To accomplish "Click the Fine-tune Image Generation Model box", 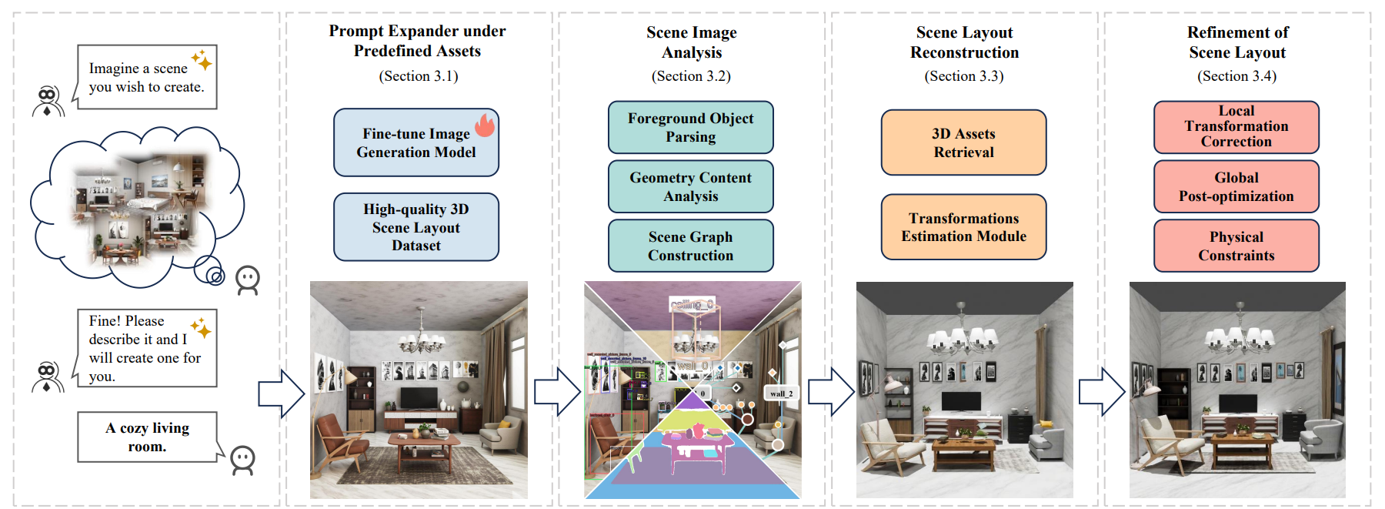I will click(415, 143).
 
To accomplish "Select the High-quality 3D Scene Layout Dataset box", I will click(415, 227).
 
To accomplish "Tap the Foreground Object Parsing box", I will click(690, 128).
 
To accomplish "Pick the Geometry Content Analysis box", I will click(690, 187).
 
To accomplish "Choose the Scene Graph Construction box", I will click(690, 246).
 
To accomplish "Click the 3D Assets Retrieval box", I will click(963, 143).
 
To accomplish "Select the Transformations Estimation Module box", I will click(963, 227).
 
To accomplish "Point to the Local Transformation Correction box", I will click(1236, 127).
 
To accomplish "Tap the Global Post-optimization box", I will click(1236, 187).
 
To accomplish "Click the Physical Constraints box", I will click(1236, 246).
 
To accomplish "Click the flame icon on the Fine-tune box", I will click(485, 125).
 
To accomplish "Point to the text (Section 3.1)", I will click(419, 76).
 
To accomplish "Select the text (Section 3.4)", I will click(1236, 76).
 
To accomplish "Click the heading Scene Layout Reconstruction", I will click(964, 42).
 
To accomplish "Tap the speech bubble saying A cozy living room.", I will click(147, 437).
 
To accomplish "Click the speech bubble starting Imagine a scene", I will click(146, 77).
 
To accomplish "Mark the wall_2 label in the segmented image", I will click(781, 393).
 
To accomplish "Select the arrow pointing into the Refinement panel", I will click(1102, 392).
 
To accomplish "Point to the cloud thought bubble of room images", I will click(137, 204).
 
